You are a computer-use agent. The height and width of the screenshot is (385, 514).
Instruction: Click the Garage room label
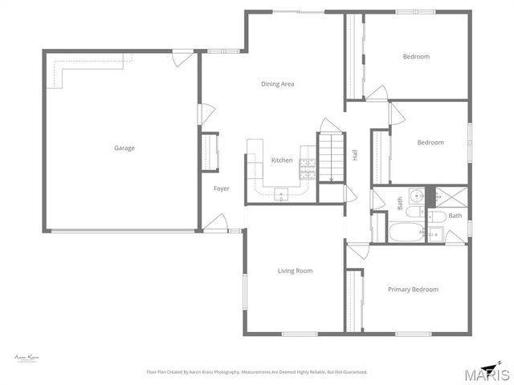(124, 148)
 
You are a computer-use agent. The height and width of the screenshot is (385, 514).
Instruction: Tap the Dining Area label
(277, 83)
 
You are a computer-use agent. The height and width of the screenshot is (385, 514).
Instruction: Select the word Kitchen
(282, 160)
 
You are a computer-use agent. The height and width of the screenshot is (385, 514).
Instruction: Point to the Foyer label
(221, 188)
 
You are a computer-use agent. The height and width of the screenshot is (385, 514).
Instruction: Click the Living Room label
(295, 271)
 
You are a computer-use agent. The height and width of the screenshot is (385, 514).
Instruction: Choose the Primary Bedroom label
(413, 290)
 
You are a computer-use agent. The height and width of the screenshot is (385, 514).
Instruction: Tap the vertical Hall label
(354, 155)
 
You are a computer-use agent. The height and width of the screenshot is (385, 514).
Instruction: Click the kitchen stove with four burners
(307, 168)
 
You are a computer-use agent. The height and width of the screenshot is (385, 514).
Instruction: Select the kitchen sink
(281, 192)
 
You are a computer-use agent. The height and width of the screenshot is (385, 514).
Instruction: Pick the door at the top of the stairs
(329, 126)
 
